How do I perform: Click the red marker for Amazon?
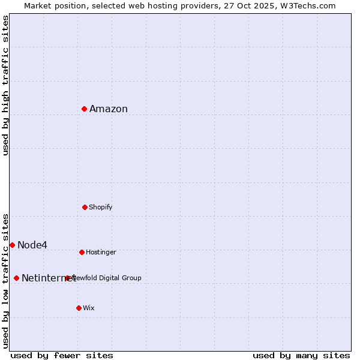85,109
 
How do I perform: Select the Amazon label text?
109,109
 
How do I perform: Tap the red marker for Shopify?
85,207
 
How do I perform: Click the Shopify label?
101,207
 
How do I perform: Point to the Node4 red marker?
12,245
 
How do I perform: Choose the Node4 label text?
32,245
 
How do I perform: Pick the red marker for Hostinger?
82,252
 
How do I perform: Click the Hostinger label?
101,252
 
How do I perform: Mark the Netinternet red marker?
16,278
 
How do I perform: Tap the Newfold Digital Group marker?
67,278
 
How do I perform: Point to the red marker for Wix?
79,308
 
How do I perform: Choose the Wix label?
89,308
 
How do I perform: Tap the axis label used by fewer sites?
62,355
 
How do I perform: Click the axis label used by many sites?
301,355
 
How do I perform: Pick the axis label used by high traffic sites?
5,85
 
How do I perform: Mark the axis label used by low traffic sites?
5,281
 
